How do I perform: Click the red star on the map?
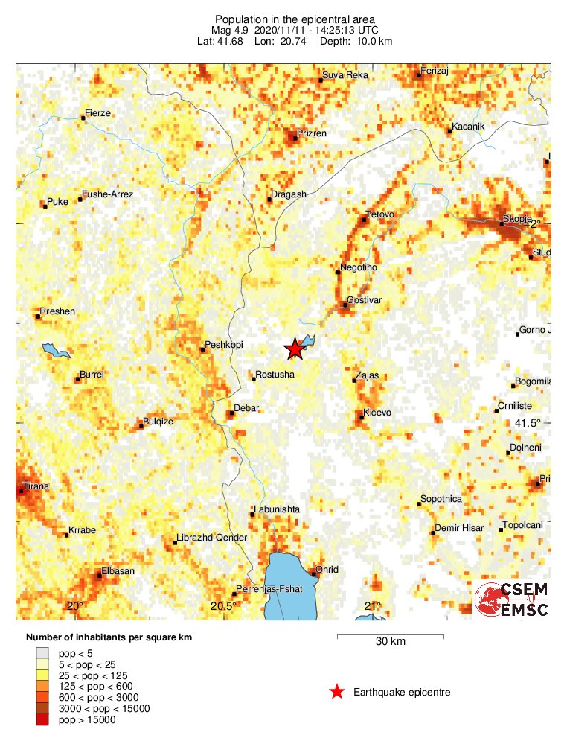click(295, 348)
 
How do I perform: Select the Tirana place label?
click(36, 486)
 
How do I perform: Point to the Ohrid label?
click(327, 570)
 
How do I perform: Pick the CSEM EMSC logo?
click(511, 600)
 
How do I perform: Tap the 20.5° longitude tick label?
click(223, 605)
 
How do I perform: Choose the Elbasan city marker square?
click(99, 574)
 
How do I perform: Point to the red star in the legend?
click(337, 692)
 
